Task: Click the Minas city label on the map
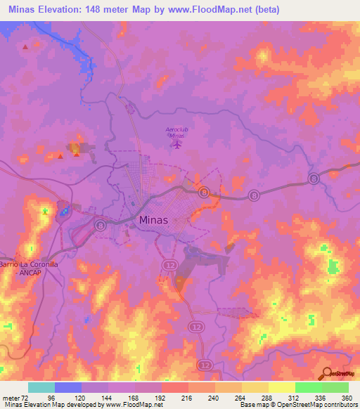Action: point(154,220)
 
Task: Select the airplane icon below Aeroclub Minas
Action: point(176,144)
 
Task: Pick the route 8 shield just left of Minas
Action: point(101,226)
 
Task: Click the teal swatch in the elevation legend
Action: point(41,387)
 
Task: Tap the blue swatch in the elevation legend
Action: point(68,387)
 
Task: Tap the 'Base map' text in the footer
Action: point(252,405)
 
